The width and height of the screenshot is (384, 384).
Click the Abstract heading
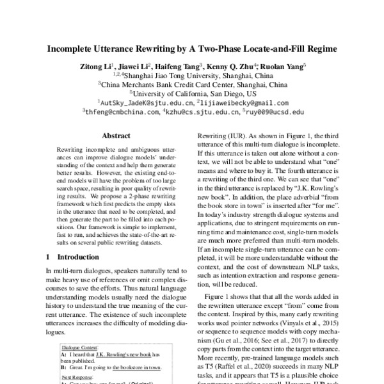click(116, 136)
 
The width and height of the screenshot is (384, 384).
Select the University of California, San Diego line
click(193, 92)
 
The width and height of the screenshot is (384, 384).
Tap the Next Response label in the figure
click(77, 378)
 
